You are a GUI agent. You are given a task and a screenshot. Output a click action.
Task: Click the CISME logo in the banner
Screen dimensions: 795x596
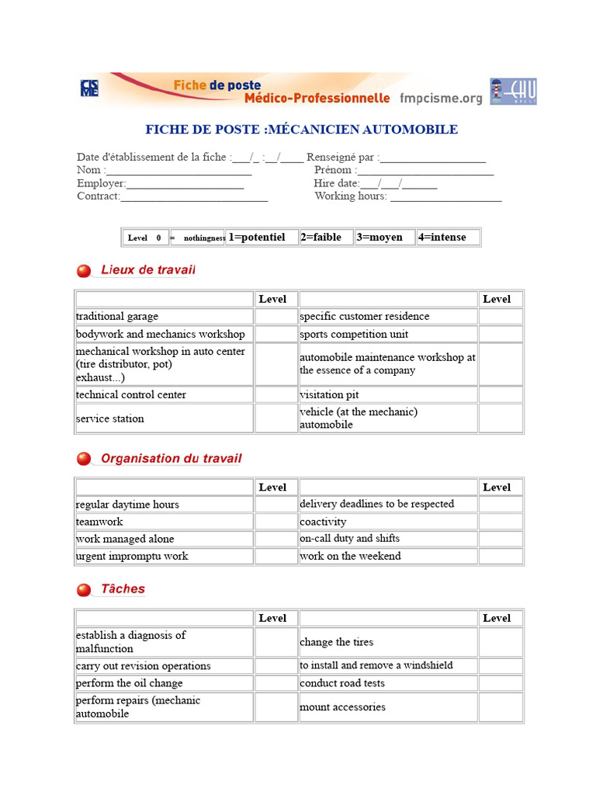click(x=89, y=89)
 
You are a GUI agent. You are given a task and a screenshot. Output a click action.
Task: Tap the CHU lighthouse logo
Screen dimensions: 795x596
click(x=513, y=92)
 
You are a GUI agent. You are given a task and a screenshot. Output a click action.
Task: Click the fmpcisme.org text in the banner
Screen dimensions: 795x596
click(x=441, y=99)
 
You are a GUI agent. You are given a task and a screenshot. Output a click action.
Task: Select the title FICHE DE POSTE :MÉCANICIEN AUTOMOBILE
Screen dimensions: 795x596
click(x=301, y=130)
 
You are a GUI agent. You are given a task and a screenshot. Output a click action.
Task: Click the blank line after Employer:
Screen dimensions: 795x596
click(x=185, y=185)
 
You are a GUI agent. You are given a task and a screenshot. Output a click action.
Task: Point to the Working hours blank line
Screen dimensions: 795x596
click(x=445, y=197)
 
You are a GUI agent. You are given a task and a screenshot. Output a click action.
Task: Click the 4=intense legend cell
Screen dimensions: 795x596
click(x=448, y=238)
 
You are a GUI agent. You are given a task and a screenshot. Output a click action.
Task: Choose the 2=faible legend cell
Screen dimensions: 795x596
click(x=326, y=238)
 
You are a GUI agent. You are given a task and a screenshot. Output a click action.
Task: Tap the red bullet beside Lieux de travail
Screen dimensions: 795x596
click(x=84, y=271)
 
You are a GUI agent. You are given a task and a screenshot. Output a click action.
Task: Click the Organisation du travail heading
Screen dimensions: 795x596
click(x=171, y=459)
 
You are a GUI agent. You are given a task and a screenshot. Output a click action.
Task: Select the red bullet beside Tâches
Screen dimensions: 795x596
click(x=84, y=590)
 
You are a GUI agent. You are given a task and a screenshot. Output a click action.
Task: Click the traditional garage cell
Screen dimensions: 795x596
click(x=164, y=317)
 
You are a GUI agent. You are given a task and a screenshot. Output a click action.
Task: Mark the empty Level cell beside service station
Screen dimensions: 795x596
click(x=276, y=418)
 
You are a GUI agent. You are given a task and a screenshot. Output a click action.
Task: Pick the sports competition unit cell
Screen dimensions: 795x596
click(x=388, y=335)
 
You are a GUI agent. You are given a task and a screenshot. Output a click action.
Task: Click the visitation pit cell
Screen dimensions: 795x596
click(x=388, y=394)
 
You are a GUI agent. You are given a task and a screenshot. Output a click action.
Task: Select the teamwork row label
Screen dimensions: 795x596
click(x=164, y=522)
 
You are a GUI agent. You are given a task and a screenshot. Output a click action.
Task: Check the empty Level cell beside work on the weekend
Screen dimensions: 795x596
click(x=501, y=557)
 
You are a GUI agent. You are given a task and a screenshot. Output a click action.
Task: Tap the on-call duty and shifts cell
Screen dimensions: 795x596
click(x=388, y=539)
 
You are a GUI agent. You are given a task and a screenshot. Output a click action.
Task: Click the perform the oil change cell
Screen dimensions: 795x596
click(x=164, y=683)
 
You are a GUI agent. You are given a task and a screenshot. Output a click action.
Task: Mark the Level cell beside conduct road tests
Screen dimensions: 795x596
click(x=501, y=683)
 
